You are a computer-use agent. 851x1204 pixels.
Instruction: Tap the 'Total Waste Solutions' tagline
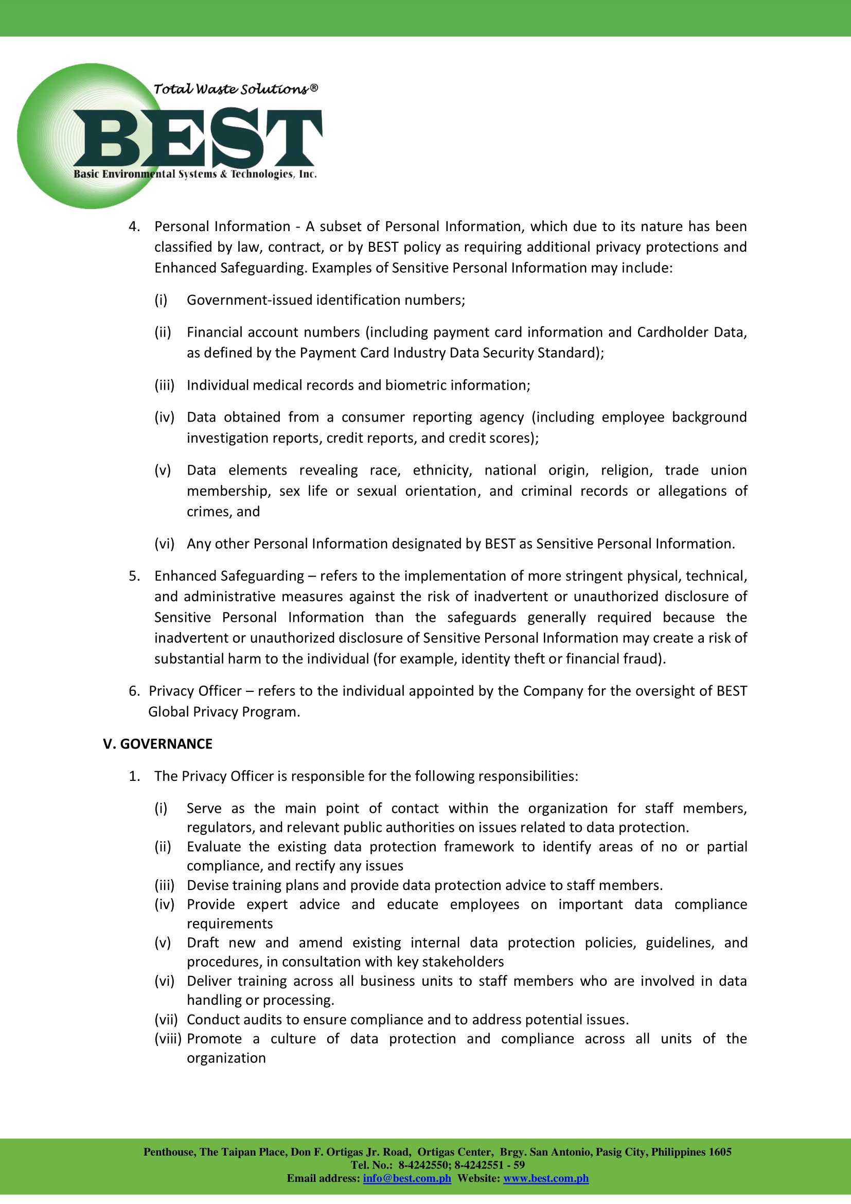pyautogui.click(x=235, y=89)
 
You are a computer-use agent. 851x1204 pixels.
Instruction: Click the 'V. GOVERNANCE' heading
pyautogui.click(x=158, y=744)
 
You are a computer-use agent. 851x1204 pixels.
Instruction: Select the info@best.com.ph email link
pyautogui.click(x=406, y=1178)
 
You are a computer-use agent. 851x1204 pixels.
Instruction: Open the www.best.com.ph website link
pyautogui.click(x=545, y=1178)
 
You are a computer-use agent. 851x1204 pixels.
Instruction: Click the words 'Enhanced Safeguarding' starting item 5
pyautogui.click(x=229, y=576)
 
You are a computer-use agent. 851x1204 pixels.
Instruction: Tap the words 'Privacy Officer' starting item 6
pyautogui.click(x=195, y=691)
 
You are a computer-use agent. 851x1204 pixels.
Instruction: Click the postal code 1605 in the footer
pyautogui.click(x=719, y=1152)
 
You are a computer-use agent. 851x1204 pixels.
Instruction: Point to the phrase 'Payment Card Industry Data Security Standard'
pyautogui.click(x=449, y=353)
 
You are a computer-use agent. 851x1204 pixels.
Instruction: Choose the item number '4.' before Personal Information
pyautogui.click(x=134, y=226)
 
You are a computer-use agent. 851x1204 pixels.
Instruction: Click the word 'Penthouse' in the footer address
pyautogui.click(x=169, y=1152)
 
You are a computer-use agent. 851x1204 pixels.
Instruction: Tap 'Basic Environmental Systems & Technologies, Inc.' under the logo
pyautogui.click(x=195, y=174)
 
